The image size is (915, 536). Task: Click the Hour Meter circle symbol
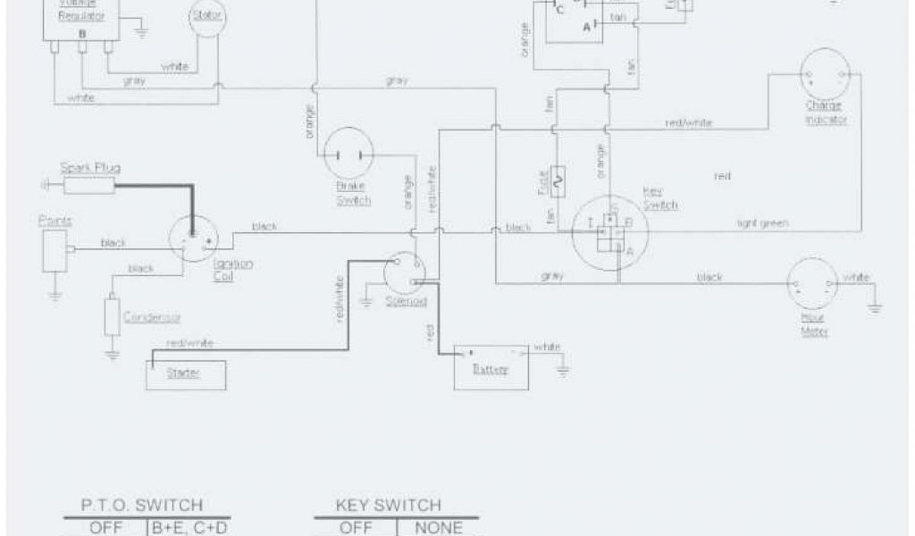812,285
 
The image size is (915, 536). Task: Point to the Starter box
186,373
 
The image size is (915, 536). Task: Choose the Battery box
491,366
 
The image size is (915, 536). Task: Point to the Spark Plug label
90,167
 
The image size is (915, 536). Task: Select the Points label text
55,221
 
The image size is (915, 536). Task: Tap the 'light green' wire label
761,223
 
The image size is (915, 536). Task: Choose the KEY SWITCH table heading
388,506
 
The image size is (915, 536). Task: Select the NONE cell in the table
438,527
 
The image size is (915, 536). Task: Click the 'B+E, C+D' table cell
189,527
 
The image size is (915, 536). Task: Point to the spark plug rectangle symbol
87,185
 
